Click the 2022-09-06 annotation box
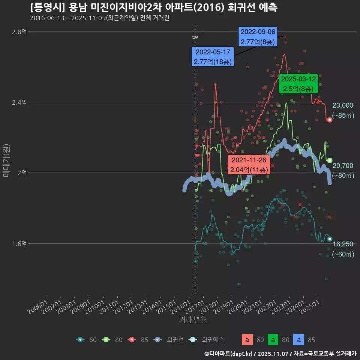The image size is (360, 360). point(258,37)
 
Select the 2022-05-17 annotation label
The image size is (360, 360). point(213,57)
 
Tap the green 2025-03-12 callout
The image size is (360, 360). point(298,84)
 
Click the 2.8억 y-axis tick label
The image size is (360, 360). point(19,32)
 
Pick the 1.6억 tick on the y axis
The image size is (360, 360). point(19,243)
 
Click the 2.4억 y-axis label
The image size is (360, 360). point(19,102)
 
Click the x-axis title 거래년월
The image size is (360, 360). point(193,319)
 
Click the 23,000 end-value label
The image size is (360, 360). point(343,106)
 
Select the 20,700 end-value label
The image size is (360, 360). point(343,166)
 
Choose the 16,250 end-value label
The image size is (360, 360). point(343,244)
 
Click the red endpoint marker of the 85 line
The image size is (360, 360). point(330,120)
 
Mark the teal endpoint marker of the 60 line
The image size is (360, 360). point(330,239)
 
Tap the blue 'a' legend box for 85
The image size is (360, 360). point(298,340)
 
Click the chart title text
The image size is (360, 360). point(154,7)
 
